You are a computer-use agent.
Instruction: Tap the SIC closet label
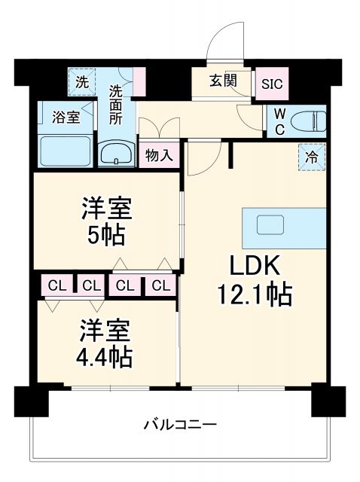(x=271, y=84)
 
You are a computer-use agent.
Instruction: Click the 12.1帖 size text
(x=254, y=294)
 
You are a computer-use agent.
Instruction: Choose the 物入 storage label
(x=160, y=156)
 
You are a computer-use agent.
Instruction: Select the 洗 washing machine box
(x=82, y=82)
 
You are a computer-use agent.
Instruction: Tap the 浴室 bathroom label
(x=66, y=117)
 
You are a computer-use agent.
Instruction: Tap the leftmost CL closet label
(x=56, y=285)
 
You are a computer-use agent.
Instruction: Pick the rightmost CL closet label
(x=160, y=285)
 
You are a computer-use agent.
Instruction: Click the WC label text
(x=279, y=119)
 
